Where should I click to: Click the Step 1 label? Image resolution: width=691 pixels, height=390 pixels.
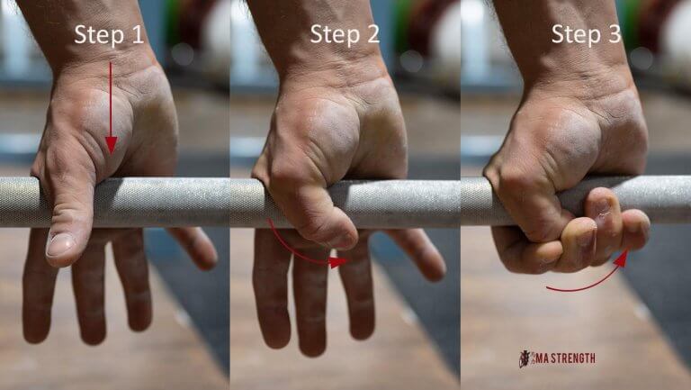pyautogui.click(x=108, y=35)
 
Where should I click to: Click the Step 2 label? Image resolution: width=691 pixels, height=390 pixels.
pyautogui.click(x=345, y=35)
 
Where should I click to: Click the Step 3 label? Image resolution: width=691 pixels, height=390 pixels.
pyautogui.click(x=586, y=35)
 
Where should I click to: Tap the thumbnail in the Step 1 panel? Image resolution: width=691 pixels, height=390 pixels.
pyautogui.click(x=60, y=244)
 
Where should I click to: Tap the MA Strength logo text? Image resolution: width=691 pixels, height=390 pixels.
pyautogui.click(x=563, y=358)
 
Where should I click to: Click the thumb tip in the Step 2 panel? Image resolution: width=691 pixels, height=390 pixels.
pyautogui.click(x=342, y=237)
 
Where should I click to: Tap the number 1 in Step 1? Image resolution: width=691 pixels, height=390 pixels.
pyautogui.click(x=137, y=35)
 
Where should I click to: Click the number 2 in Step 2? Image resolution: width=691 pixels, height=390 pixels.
pyautogui.click(x=374, y=35)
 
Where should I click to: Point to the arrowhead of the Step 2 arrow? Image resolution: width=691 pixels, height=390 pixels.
pyautogui.click(x=339, y=262)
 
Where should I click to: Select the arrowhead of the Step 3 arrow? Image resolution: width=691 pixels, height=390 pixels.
pyautogui.click(x=622, y=258)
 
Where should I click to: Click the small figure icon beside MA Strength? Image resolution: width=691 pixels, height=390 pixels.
pyautogui.click(x=524, y=358)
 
